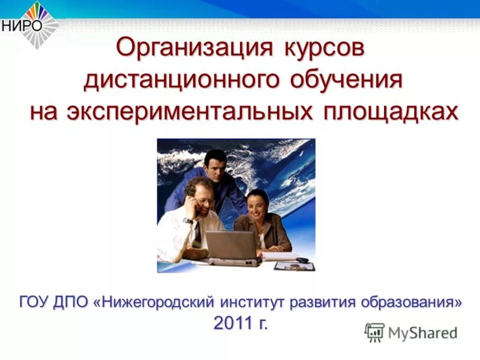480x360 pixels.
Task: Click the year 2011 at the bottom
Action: [233, 323]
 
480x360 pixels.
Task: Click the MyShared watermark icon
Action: [374, 332]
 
